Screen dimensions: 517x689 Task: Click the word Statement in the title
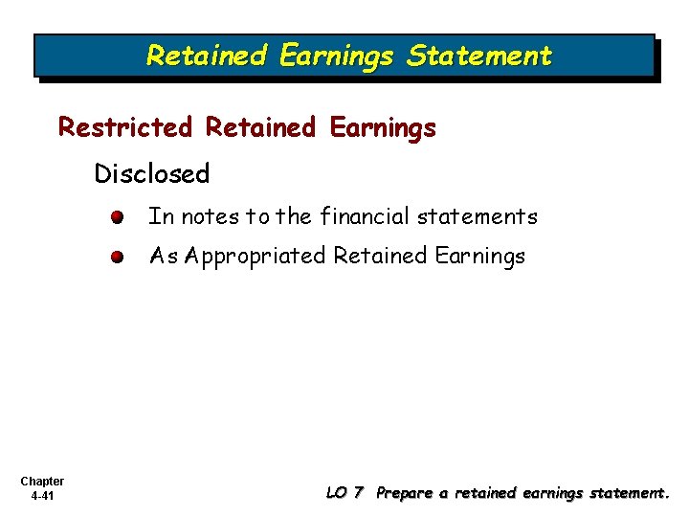coord(479,56)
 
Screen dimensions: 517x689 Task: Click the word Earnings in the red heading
coord(383,127)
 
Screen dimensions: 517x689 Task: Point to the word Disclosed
coord(151,174)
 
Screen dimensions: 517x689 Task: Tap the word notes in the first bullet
coord(210,217)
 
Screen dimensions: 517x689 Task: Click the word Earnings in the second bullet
coord(480,257)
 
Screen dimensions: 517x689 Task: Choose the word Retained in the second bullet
coord(381,257)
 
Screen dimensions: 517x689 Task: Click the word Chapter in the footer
coord(41,482)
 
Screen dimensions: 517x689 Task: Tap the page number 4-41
coord(41,496)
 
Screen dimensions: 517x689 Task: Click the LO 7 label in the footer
coord(344,493)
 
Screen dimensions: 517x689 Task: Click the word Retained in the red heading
coord(260,127)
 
